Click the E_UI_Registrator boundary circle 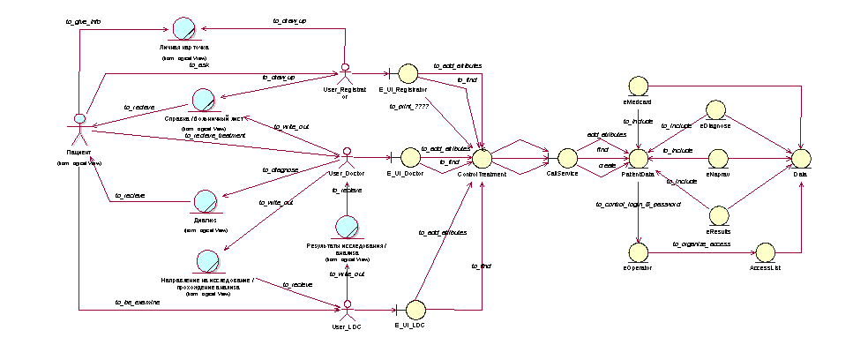tap(407, 74)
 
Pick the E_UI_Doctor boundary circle tap(408, 158)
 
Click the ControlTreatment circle tap(481, 158)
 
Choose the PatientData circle tap(637, 158)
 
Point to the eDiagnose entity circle tap(715, 109)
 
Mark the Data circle tap(799, 158)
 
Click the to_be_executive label tap(138, 302)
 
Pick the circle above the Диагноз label tap(206, 202)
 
